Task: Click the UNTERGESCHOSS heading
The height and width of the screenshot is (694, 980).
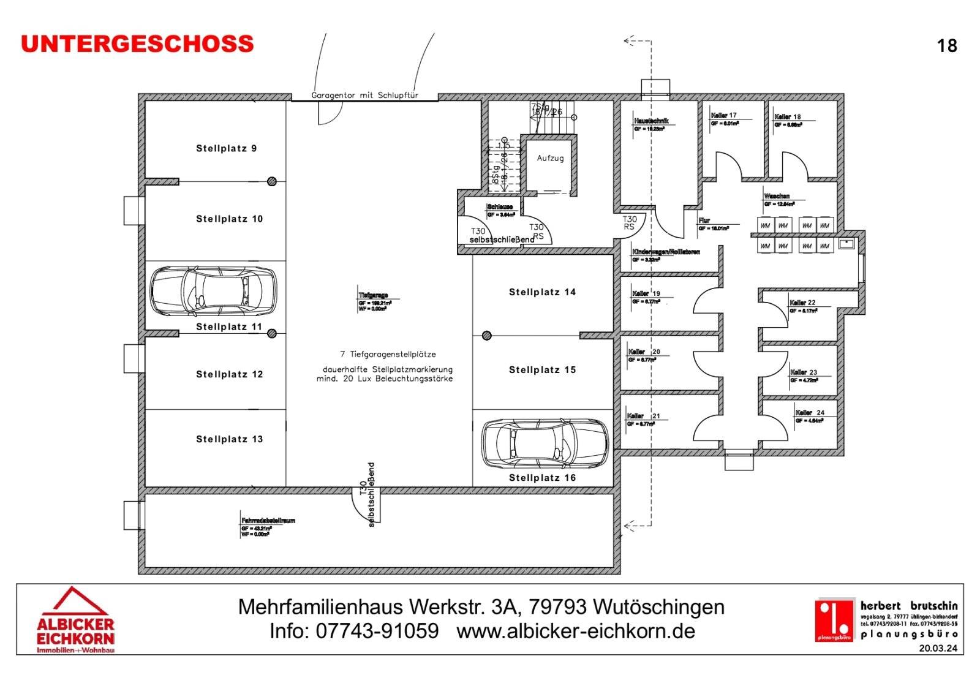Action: point(137,44)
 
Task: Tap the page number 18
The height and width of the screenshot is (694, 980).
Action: point(947,46)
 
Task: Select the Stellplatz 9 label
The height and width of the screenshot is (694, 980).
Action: point(226,148)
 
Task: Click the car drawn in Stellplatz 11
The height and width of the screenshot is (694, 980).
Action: point(213,291)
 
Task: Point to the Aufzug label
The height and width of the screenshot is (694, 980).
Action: point(550,158)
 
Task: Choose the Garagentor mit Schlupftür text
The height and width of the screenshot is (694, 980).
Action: point(364,96)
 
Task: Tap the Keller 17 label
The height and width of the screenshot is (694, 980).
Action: point(724,115)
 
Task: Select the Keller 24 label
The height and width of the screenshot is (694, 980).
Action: point(810,412)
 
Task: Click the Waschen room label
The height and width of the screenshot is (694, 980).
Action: point(777,196)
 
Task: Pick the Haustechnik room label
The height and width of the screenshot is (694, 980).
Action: point(651,121)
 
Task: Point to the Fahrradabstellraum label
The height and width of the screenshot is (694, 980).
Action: point(268,520)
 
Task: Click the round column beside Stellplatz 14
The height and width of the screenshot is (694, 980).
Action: point(486,336)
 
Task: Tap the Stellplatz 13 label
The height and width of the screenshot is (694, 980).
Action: point(229,439)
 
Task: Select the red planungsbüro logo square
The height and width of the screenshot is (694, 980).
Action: point(834,620)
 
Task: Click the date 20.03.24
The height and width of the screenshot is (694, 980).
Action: point(937,648)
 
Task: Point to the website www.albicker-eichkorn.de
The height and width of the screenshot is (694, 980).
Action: point(576,631)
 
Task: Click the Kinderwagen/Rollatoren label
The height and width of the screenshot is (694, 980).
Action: point(666,252)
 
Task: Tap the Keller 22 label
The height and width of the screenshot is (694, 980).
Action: point(802,303)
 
